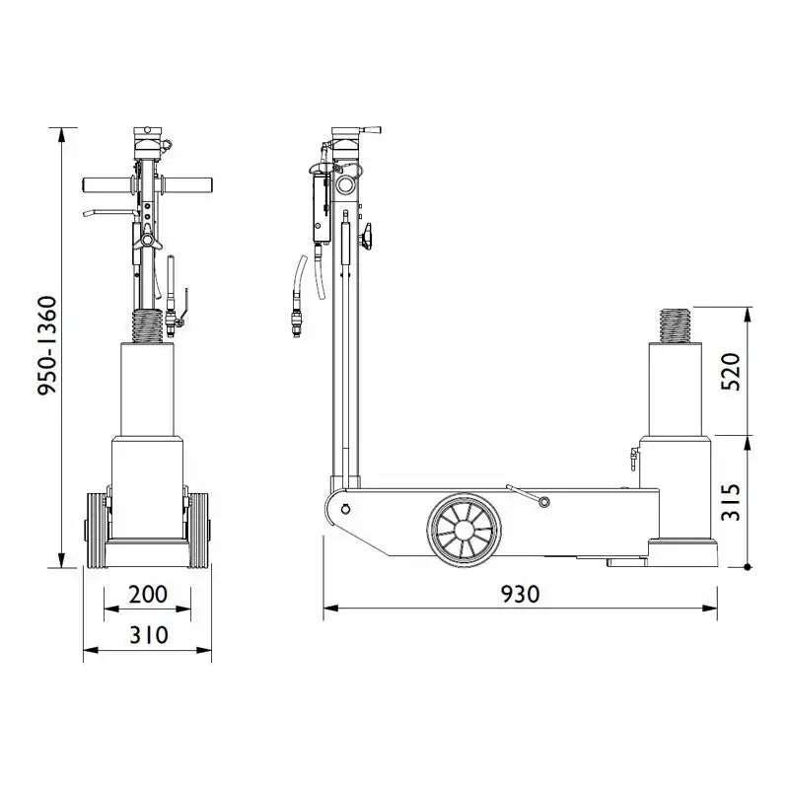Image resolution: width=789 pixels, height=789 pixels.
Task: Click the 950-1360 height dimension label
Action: coord(47,346)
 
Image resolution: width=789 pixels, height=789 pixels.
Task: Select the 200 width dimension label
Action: coord(148,595)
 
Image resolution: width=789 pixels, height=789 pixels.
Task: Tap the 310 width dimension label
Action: coord(149,635)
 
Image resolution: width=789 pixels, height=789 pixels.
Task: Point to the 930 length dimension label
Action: coord(521,595)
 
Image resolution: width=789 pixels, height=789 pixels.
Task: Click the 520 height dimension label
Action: coord(731,372)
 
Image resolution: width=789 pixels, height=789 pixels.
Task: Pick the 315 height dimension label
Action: coord(731,502)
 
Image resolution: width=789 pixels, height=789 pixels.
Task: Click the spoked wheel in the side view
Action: coord(464,530)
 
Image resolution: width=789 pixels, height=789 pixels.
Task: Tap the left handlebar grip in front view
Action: coord(107,184)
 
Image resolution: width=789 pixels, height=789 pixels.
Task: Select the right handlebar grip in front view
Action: coord(187,184)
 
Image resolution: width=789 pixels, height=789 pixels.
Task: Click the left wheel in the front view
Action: coord(97,531)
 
